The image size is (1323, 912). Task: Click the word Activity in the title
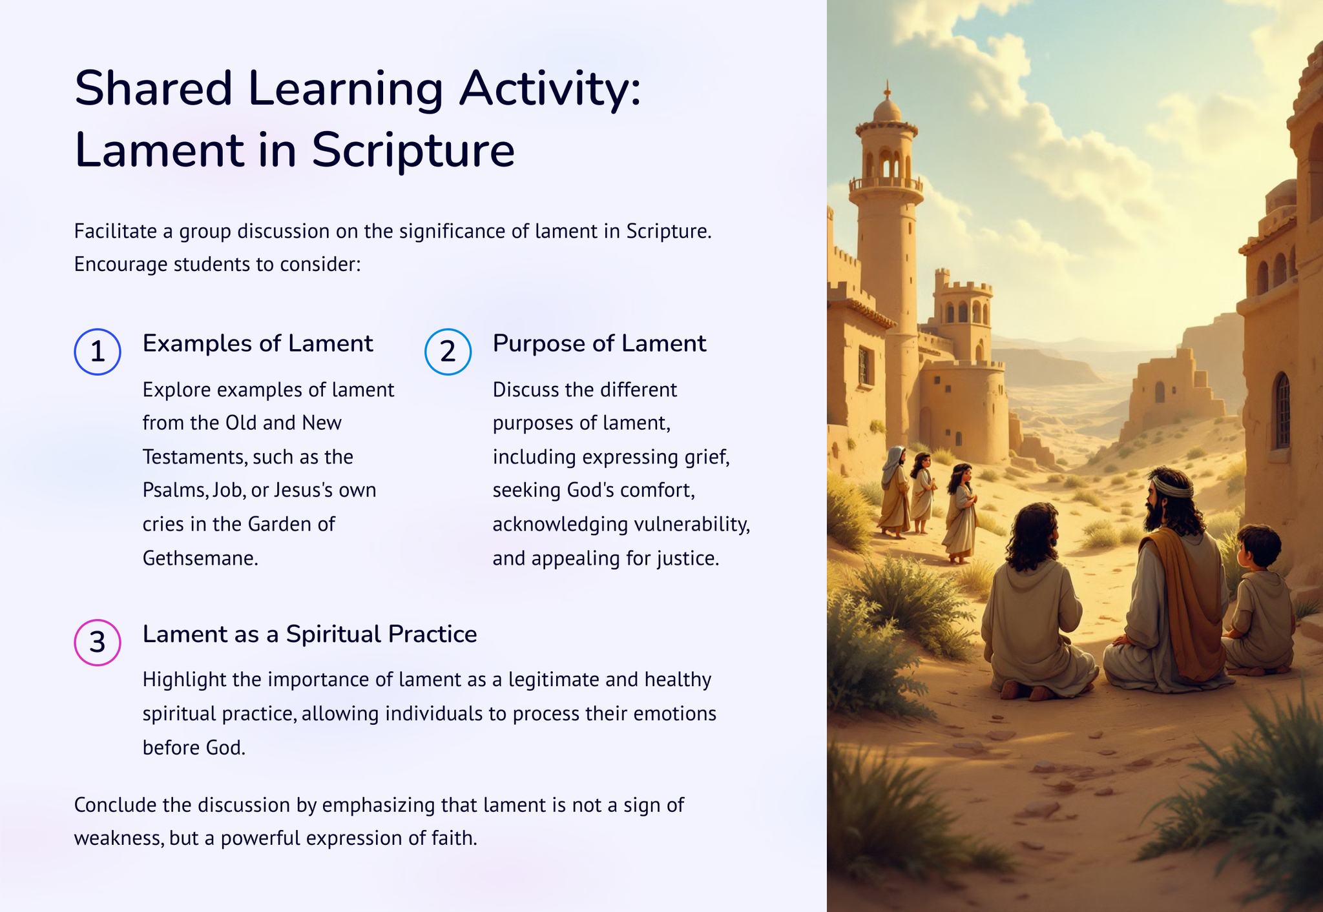550,88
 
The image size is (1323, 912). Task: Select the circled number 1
98,352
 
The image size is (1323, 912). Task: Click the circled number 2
448,352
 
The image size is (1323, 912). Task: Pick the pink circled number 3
98,642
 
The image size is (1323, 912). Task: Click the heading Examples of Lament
258,343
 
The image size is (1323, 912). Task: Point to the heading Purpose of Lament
599,343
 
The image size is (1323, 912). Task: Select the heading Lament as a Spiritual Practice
309,634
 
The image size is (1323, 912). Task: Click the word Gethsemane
200,558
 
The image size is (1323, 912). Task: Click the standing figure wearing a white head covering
894,491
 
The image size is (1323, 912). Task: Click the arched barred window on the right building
1282,411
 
